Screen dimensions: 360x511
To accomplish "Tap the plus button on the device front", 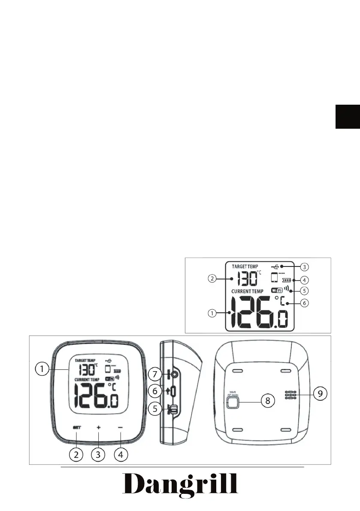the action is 98,428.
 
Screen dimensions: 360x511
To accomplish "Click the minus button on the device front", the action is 121,428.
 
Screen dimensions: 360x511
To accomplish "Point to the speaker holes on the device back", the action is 290,395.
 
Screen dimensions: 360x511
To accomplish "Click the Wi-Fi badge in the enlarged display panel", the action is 277,290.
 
